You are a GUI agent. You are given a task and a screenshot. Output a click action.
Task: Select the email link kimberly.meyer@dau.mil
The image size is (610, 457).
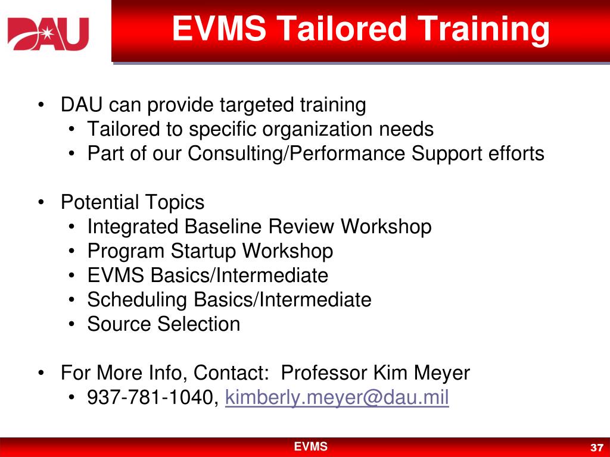pos(337,397)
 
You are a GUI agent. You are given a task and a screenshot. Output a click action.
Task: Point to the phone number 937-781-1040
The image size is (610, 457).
pos(152,397)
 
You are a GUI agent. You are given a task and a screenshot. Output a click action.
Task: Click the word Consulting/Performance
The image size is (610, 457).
pos(297,154)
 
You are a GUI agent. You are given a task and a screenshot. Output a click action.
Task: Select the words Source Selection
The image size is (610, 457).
pos(164,324)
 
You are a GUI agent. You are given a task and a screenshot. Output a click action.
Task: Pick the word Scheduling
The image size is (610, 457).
pos(138,299)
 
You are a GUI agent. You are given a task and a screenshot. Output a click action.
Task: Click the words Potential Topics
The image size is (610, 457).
pos(132,202)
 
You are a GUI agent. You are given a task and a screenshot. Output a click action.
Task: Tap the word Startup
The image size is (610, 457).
pos(204,251)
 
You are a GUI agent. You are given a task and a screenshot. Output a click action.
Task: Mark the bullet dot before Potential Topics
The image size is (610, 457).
pos(41,202)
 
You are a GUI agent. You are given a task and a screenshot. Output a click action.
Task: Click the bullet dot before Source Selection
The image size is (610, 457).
pos(71,324)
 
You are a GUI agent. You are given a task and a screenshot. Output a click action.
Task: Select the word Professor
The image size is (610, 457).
pos(325,373)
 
